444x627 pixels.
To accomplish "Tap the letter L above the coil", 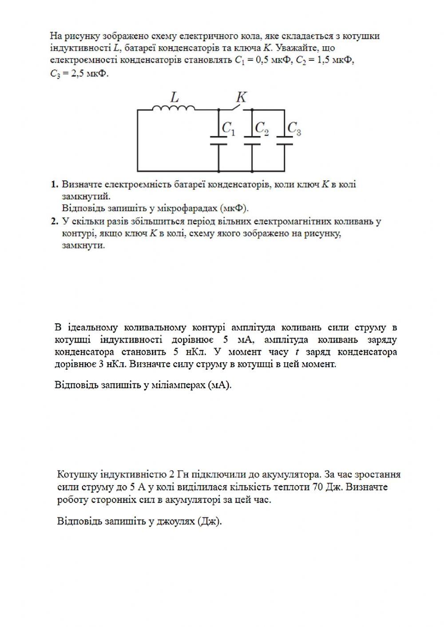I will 174,96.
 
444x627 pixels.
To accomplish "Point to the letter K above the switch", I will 241,97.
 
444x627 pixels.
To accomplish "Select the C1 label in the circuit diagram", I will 229,129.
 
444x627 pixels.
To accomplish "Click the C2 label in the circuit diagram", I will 262,129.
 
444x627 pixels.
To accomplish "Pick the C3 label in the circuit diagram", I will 294,129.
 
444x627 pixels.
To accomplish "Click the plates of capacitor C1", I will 219,140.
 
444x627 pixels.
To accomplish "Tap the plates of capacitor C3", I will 285,140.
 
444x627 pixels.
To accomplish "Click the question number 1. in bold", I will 54,184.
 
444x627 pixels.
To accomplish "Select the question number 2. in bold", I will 54,221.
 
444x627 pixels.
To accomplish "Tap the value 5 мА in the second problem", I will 239,340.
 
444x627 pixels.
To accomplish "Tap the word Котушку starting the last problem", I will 78,474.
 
